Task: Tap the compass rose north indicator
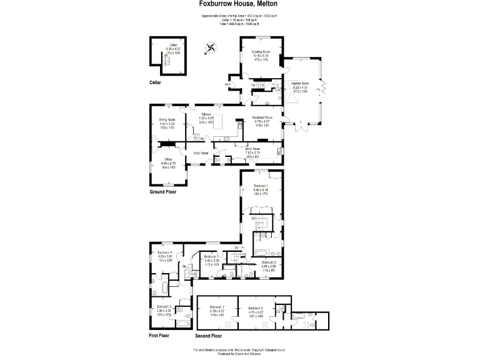[x=211, y=47]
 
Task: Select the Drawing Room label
[x=261, y=52]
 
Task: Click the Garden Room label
[x=301, y=83]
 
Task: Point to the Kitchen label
[x=206, y=114]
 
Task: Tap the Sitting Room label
[x=166, y=119]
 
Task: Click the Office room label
[x=169, y=160]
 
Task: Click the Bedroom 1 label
[x=261, y=186]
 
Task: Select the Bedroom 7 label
[x=217, y=307]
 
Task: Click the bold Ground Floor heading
[x=162, y=192]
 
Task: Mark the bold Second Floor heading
[x=209, y=336]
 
